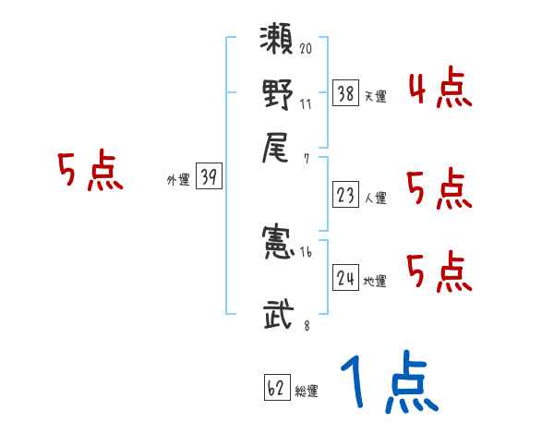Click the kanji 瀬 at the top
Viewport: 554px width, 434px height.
(278, 44)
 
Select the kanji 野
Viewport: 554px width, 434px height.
(278, 95)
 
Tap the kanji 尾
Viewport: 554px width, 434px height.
(278, 147)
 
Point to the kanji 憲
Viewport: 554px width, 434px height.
(278, 243)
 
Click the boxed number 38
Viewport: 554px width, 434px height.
(345, 94)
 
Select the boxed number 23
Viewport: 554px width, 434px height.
(345, 195)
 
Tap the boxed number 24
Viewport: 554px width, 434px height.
(345, 278)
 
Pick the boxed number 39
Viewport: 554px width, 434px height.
(209, 178)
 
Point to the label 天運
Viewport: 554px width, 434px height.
(376, 96)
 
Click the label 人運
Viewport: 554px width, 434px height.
(376, 197)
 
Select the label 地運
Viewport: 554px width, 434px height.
(376, 281)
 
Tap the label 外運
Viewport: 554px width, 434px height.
(178, 181)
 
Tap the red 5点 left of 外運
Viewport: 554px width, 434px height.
(90, 173)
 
